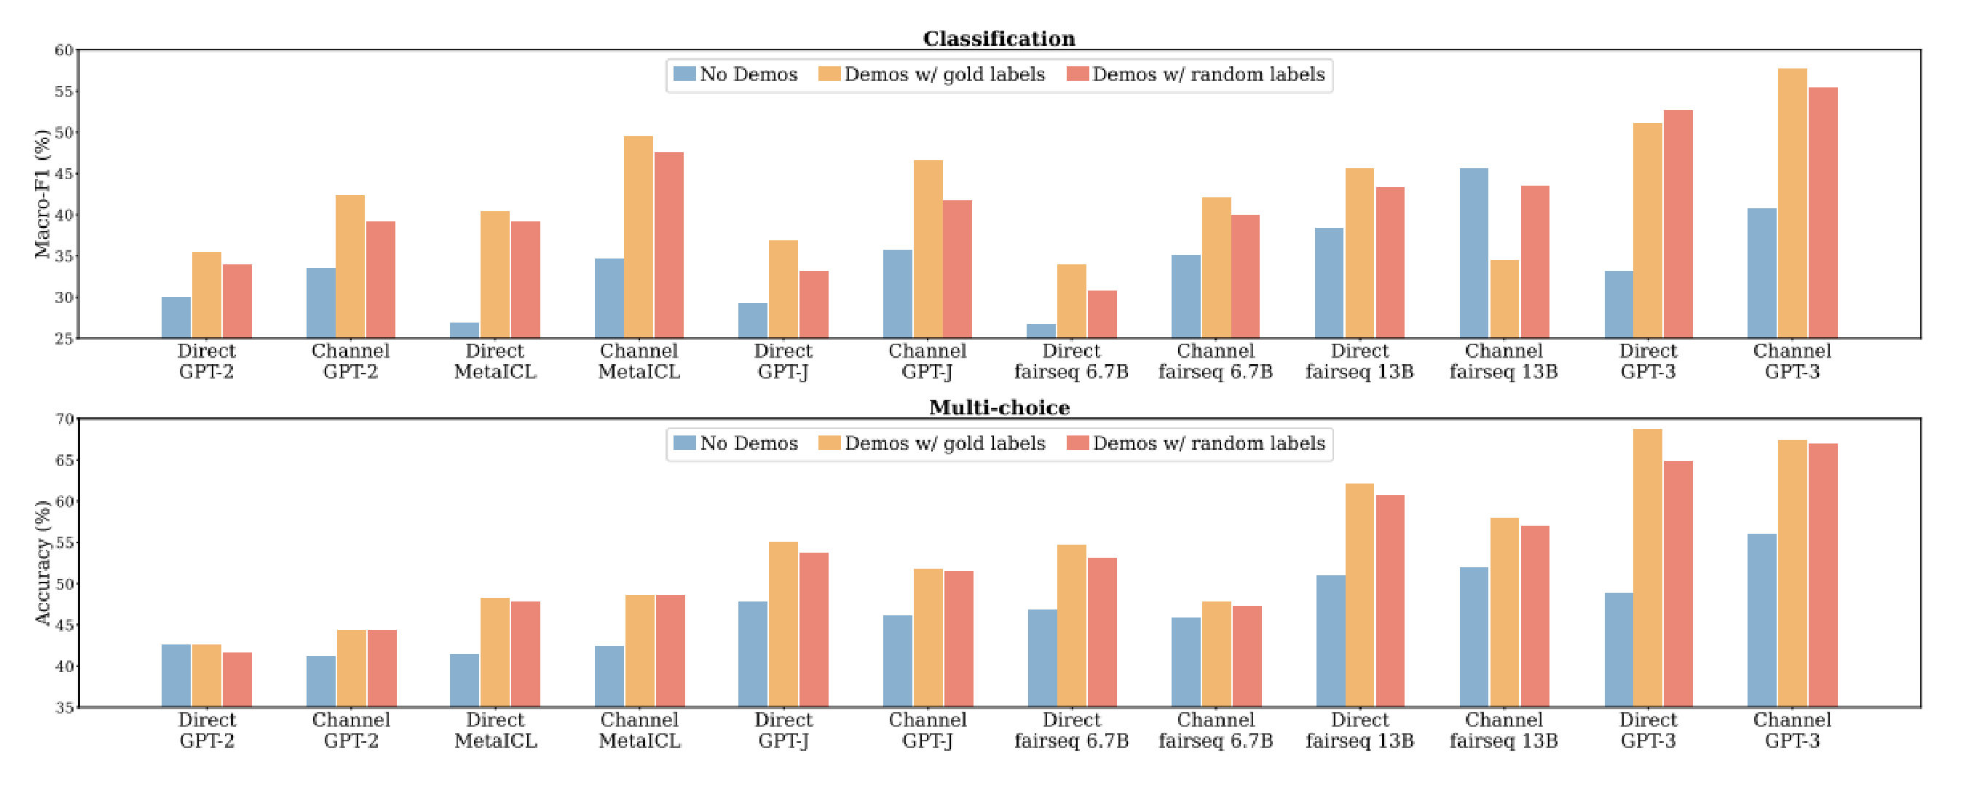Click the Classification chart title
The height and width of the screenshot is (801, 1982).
(999, 39)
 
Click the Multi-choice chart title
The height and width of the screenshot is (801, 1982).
(999, 407)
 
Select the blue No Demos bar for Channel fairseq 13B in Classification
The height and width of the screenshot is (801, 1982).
(1474, 253)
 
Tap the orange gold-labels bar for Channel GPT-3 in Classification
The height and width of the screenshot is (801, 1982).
(1792, 203)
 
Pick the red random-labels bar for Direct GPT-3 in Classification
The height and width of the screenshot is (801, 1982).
(1678, 224)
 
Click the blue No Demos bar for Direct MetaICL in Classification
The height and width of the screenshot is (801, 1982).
(465, 330)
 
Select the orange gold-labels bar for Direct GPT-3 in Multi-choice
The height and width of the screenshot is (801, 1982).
(1647, 568)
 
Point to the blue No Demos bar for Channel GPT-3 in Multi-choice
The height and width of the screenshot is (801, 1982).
(1762, 620)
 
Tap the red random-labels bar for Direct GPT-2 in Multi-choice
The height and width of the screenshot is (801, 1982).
(237, 679)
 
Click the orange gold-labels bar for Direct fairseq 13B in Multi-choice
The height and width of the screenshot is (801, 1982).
(1359, 595)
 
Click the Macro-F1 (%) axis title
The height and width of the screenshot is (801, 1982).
(42, 194)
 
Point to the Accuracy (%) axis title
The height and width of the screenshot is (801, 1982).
(42, 562)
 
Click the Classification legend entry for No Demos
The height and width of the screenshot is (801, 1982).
(735, 74)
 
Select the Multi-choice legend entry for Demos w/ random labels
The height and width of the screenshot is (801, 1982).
(1196, 443)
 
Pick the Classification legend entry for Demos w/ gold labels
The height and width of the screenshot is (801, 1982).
(932, 74)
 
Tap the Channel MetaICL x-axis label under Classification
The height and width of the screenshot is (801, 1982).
(639, 362)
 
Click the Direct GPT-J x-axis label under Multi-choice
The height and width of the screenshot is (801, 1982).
(783, 730)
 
